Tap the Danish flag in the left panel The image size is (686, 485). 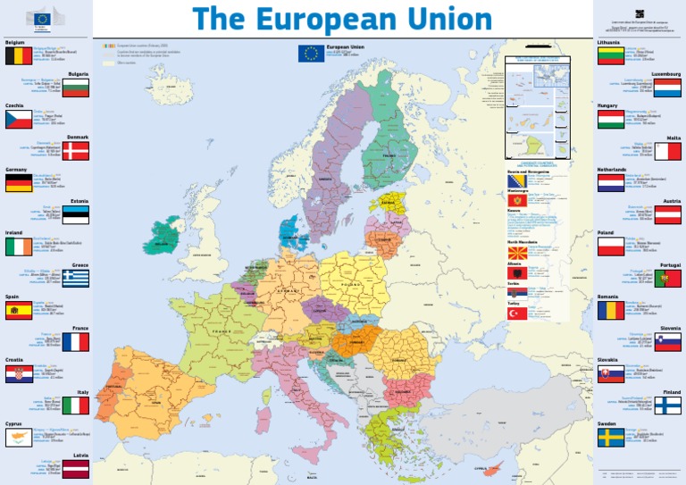[76, 151]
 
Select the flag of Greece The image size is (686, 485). [76, 278]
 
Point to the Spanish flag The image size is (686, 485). [18, 310]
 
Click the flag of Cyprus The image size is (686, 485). [18, 437]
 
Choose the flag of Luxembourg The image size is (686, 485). [668, 88]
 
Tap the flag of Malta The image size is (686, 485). [668, 151]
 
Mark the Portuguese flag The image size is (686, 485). [668, 278]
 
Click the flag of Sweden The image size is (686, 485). [611, 437]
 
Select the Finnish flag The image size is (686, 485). [668, 405]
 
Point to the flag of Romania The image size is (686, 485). [611, 310]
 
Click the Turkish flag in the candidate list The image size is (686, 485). [514, 314]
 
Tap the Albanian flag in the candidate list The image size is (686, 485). [514, 272]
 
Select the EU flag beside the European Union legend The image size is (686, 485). [311, 53]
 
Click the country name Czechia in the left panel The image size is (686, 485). [14, 105]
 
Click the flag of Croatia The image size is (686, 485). [18, 373]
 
